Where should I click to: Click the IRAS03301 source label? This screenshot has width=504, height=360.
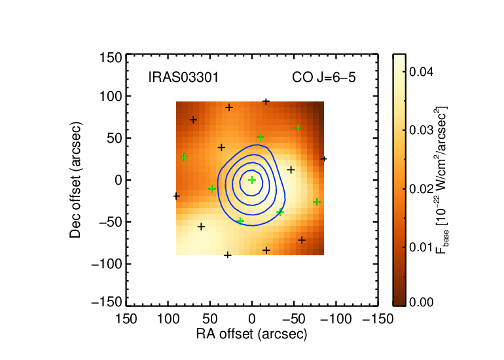pyautogui.click(x=183, y=77)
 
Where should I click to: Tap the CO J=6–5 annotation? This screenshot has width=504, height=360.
pyautogui.click(x=324, y=77)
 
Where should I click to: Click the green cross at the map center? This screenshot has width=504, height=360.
pyautogui.click(x=252, y=180)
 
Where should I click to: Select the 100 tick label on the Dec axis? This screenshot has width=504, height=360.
pyautogui.click(x=111, y=96)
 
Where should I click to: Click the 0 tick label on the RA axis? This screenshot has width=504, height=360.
pyautogui.click(x=252, y=319)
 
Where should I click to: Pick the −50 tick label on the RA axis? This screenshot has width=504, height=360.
pyautogui.click(x=294, y=319)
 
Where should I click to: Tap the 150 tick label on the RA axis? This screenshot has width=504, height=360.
pyautogui.click(x=126, y=319)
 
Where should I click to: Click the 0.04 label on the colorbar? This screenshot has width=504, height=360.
pyautogui.click(x=422, y=71)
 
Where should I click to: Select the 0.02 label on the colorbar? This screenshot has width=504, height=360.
pyautogui.click(x=422, y=189)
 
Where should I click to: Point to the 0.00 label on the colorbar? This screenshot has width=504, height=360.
pyautogui.click(x=422, y=302)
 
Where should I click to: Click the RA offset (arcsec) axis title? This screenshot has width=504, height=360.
pyautogui.click(x=252, y=334)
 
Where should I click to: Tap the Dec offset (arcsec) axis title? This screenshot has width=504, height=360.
pyautogui.click(x=75, y=180)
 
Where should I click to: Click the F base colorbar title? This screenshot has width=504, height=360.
pyautogui.click(x=442, y=180)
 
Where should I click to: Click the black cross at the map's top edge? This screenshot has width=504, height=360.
pyautogui.click(x=266, y=102)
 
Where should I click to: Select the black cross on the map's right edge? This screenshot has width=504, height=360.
pyautogui.click(x=323, y=159)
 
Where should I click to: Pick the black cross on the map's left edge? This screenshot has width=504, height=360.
pyautogui.click(x=177, y=196)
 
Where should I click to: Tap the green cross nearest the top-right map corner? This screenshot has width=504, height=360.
pyautogui.click(x=298, y=128)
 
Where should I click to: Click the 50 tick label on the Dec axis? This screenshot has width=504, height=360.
pyautogui.click(x=115, y=138)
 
